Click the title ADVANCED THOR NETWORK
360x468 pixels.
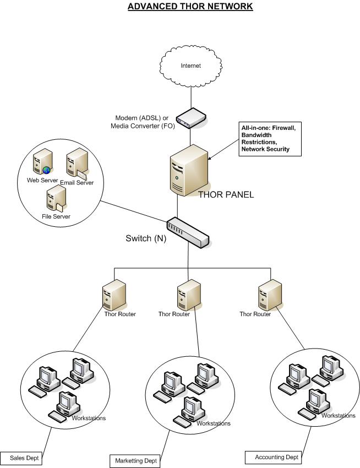pyautogui.click(x=190, y=7)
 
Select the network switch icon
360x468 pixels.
pyautogui.click(x=189, y=232)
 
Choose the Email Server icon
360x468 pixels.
pyautogui.click(x=76, y=165)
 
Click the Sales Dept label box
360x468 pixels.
pyautogui.click(x=21, y=458)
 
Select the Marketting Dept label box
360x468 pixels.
pyautogui.click(x=135, y=460)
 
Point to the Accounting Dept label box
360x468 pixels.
pyautogui.click(x=274, y=457)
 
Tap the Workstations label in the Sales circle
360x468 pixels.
pyautogui.click(x=89, y=418)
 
